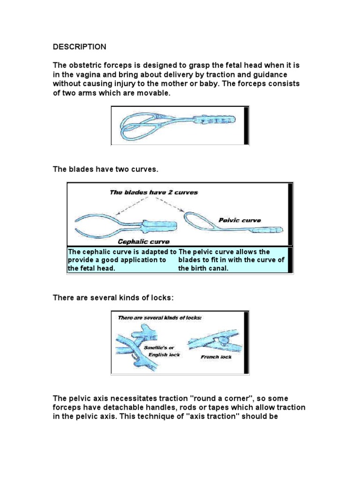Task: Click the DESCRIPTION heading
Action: point(79,47)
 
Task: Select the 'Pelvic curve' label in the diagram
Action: point(240,220)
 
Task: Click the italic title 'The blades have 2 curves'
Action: point(154,192)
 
